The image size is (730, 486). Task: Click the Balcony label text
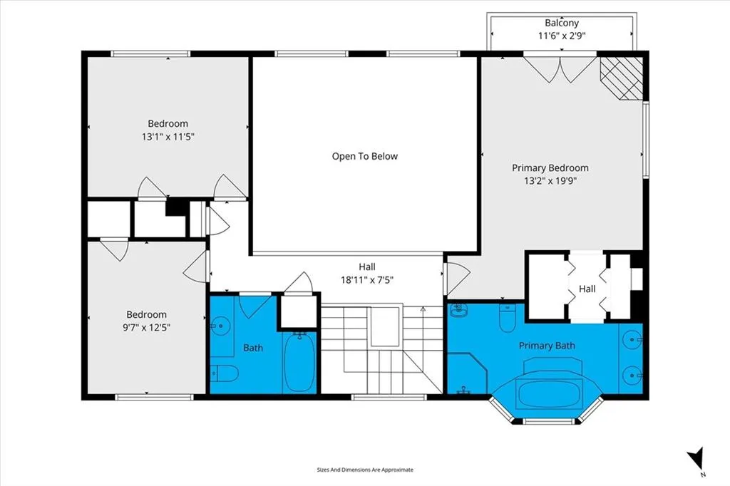[x=562, y=23]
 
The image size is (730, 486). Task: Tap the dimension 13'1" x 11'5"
[x=168, y=137]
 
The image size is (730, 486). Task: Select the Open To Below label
[x=364, y=156]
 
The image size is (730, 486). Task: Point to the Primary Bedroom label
[x=550, y=168]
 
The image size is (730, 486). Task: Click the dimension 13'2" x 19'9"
[x=550, y=180]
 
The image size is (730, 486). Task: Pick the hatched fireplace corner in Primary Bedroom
[x=622, y=78]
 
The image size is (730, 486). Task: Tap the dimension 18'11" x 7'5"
[x=367, y=280]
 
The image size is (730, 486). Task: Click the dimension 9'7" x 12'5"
[x=146, y=327]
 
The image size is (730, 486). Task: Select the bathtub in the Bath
[x=300, y=362]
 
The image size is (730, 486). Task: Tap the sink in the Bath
[x=221, y=325]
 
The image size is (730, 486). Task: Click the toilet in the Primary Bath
[x=507, y=318]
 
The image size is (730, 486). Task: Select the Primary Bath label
[x=547, y=346]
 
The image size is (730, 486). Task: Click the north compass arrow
[x=696, y=457]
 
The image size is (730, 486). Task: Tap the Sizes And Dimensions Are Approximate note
[x=365, y=470]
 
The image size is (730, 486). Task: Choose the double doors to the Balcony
[x=560, y=69]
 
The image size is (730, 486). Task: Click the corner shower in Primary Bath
[x=467, y=374]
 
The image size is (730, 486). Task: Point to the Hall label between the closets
[x=587, y=289]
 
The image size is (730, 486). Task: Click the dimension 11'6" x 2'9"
[x=562, y=36]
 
